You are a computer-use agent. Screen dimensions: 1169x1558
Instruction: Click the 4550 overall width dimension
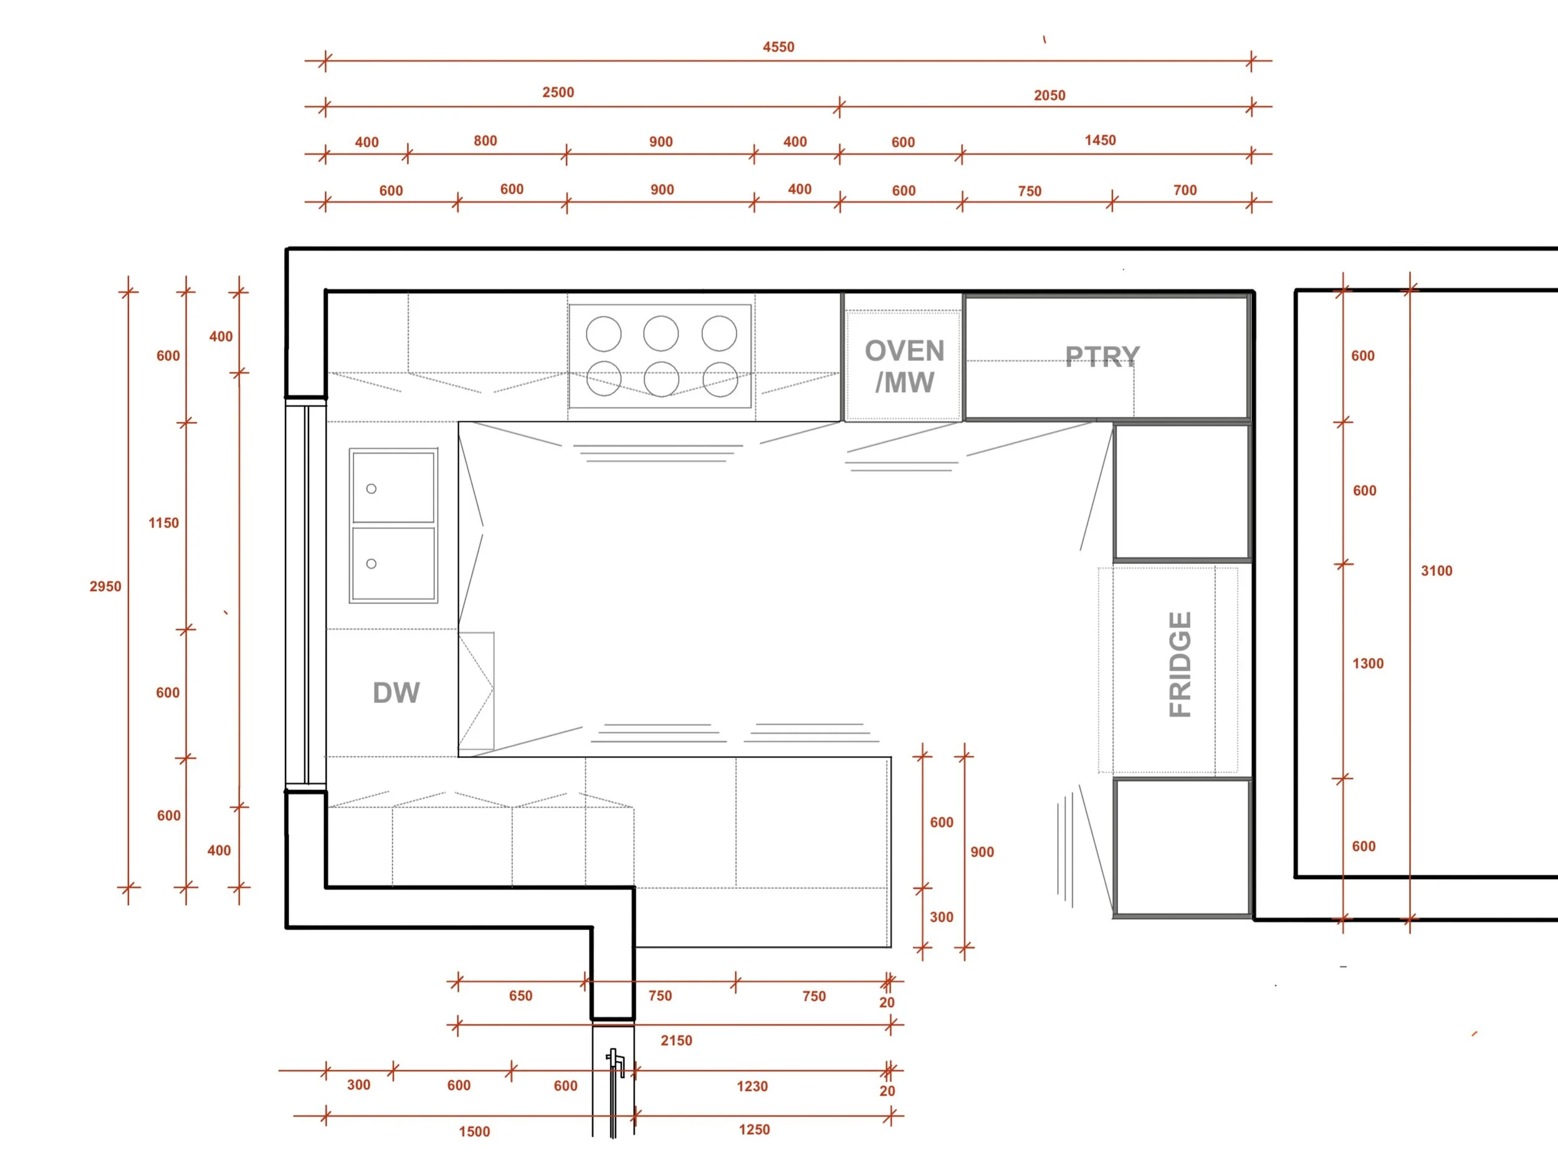point(778,47)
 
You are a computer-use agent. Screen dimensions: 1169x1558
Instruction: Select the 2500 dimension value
point(558,92)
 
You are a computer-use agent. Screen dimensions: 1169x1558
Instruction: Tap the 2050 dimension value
point(1049,95)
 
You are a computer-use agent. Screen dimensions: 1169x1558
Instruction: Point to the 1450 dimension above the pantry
point(1099,140)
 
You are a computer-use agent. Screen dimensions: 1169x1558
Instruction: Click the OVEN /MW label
point(904,367)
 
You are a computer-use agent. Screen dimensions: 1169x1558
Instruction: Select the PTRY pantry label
point(1102,357)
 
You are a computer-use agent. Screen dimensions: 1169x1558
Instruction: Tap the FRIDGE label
point(1180,664)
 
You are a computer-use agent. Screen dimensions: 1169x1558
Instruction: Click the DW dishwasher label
point(396,693)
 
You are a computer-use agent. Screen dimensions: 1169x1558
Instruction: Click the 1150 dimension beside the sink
point(163,523)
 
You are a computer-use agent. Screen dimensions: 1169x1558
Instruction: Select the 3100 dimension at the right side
point(1436,570)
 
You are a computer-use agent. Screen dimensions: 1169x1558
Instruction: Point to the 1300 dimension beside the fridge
point(1367,663)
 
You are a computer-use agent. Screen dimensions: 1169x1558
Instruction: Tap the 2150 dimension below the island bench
point(676,1040)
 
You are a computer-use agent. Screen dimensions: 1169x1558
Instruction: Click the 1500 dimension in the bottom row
point(474,1132)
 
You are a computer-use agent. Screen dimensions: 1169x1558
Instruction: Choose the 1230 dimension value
point(752,1086)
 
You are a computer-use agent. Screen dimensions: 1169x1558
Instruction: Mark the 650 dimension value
point(520,996)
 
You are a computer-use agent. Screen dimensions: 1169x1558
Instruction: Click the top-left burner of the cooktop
point(604,334)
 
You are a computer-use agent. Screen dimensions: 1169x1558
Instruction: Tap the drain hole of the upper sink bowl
point(371,488)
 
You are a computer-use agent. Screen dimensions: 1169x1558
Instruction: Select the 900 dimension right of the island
point(982,852)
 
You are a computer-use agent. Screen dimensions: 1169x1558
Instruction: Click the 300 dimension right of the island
point(941,916)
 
